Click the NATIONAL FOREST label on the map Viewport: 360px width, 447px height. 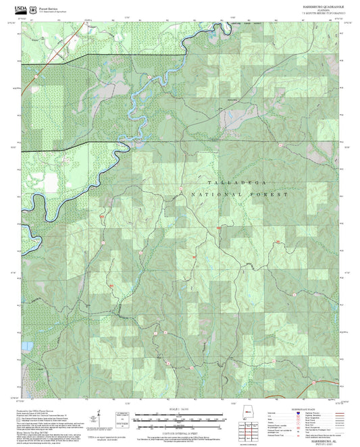[240, 194]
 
